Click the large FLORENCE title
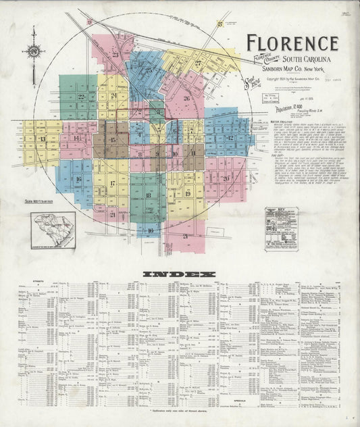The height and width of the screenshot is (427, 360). tap(292, 43)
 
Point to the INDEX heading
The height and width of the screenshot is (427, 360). tap(179, 274)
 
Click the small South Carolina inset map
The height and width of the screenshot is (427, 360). tap(52, 230)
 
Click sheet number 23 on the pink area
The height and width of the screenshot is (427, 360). tap(115, 54)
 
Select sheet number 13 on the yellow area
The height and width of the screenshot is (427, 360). tap(43, 139)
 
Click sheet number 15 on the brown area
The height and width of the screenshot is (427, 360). tap(113, 140)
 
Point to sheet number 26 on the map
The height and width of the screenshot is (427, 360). tap(186, 97)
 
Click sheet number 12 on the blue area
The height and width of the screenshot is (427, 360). tap(230, 138)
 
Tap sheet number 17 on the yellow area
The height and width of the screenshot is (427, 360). tap(113, 182)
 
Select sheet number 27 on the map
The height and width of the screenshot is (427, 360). tap(198, 64)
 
